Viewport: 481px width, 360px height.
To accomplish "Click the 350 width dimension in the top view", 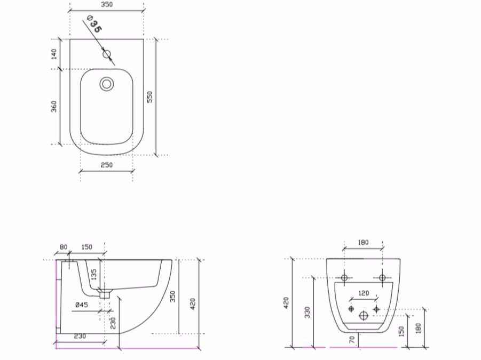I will tap(106, 5).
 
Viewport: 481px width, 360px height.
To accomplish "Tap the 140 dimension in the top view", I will tap(54, 54).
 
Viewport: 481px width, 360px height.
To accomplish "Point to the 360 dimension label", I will tap(54, 106).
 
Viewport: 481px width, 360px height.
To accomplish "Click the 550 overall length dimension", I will tap(150, 97).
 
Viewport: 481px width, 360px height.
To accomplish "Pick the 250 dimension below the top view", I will tap(106, 165).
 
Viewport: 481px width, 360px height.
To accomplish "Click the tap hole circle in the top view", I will tap(107, 54).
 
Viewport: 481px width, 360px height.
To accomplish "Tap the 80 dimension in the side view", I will tap(64, 247).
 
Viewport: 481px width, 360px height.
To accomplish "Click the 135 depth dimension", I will tap(94, 275).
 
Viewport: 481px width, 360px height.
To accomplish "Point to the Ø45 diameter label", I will tap(81, 305).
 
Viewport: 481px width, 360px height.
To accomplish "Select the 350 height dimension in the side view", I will tap(172, 297).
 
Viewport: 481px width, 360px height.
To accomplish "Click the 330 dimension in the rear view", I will tap(307, 312).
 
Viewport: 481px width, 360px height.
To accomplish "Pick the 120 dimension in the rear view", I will tap(363, 293).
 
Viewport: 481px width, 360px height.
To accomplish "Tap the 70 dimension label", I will tap(352, 339).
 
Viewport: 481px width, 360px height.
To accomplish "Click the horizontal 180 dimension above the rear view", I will tap(362, 243).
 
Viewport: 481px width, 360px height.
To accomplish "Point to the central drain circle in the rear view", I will tap(364, 315).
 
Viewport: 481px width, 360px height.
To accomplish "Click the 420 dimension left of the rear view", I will tap(286, 303).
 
